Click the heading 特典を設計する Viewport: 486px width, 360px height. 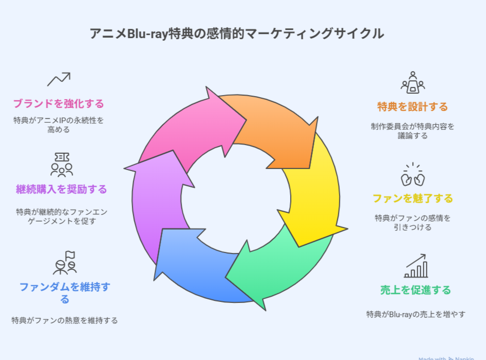[x=413, y=107]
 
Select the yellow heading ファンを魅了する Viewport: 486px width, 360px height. [x=413, y=199]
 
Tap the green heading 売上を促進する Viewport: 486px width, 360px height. [x=416, y=290]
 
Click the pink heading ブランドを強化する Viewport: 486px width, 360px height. [x=59, y=104]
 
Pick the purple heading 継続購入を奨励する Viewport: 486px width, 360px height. [x=62, y=189]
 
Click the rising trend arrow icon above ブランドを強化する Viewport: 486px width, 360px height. [x=59, y=79]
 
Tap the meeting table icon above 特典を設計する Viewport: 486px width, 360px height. [x=413, y=82]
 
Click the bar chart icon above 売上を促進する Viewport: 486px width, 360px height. [x=416, y=266]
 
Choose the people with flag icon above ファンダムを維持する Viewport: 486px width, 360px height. [x=65, y=263]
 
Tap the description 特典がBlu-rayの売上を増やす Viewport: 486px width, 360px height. [x=416, y=314]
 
